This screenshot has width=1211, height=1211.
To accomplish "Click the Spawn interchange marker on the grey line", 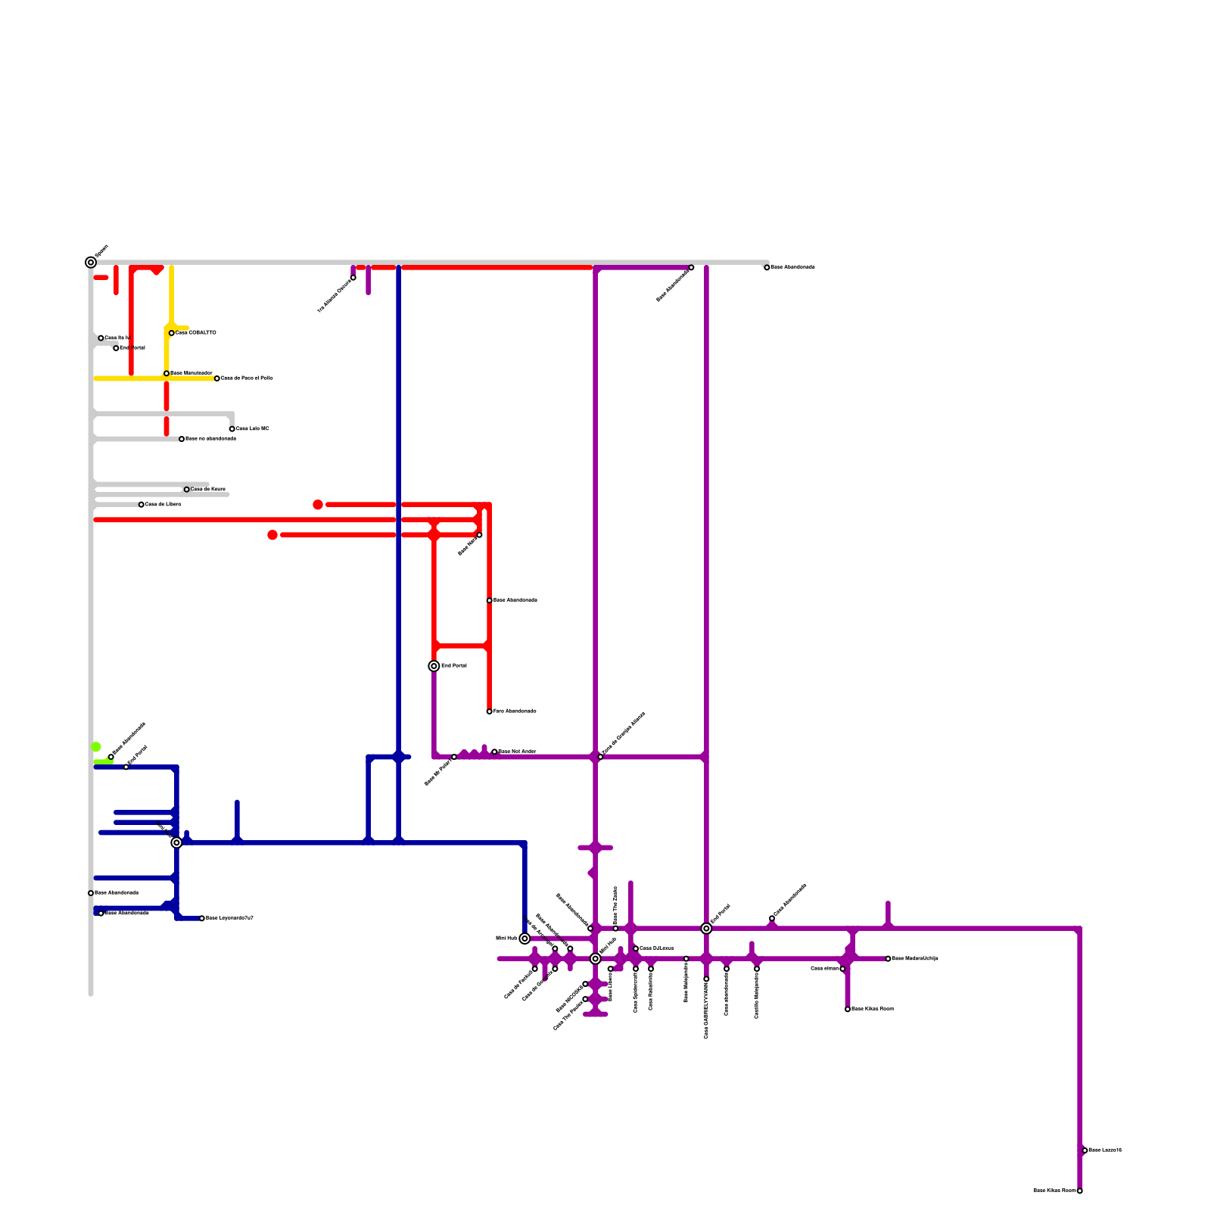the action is click(x=91, y=263).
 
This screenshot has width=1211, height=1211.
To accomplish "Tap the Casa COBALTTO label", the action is click(x=196, y=333).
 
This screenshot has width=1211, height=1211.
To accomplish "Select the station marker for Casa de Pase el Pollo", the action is click(x=217, y=378).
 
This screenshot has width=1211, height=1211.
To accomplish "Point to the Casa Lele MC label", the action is click(x=253, y=429).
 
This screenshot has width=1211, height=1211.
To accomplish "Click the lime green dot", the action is click(x=96, y=747).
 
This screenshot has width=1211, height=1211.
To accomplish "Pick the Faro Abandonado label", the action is click(x=515, y=711).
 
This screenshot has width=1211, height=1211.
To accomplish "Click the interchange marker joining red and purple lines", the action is click(x=434, y=666).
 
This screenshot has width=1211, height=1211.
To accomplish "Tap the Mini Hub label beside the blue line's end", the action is click(x=506, y=939).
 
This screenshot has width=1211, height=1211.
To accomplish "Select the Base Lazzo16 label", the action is click(x=1105, y=1150).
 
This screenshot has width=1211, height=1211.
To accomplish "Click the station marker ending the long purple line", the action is click(x=1079, y=1191).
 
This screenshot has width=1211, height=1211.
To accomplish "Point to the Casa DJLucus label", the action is click(x=657, y=948).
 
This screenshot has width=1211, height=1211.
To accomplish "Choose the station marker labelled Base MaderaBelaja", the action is click(x=888, y=959).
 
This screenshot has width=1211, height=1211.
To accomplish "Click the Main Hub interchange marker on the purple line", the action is click(x=596, y=959).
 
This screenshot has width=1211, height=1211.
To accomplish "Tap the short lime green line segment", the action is click(x=102, y=761).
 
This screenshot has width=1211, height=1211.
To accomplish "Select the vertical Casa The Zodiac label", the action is click(x=615, y=904).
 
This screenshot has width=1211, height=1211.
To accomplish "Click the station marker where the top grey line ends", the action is click(x=767, y=267).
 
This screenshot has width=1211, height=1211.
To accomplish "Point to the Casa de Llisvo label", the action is click(x=163, y=504).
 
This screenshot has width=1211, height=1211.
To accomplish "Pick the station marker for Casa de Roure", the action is click(x=187, y=490).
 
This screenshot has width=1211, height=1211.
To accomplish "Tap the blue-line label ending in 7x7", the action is click(x=229, y=918).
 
